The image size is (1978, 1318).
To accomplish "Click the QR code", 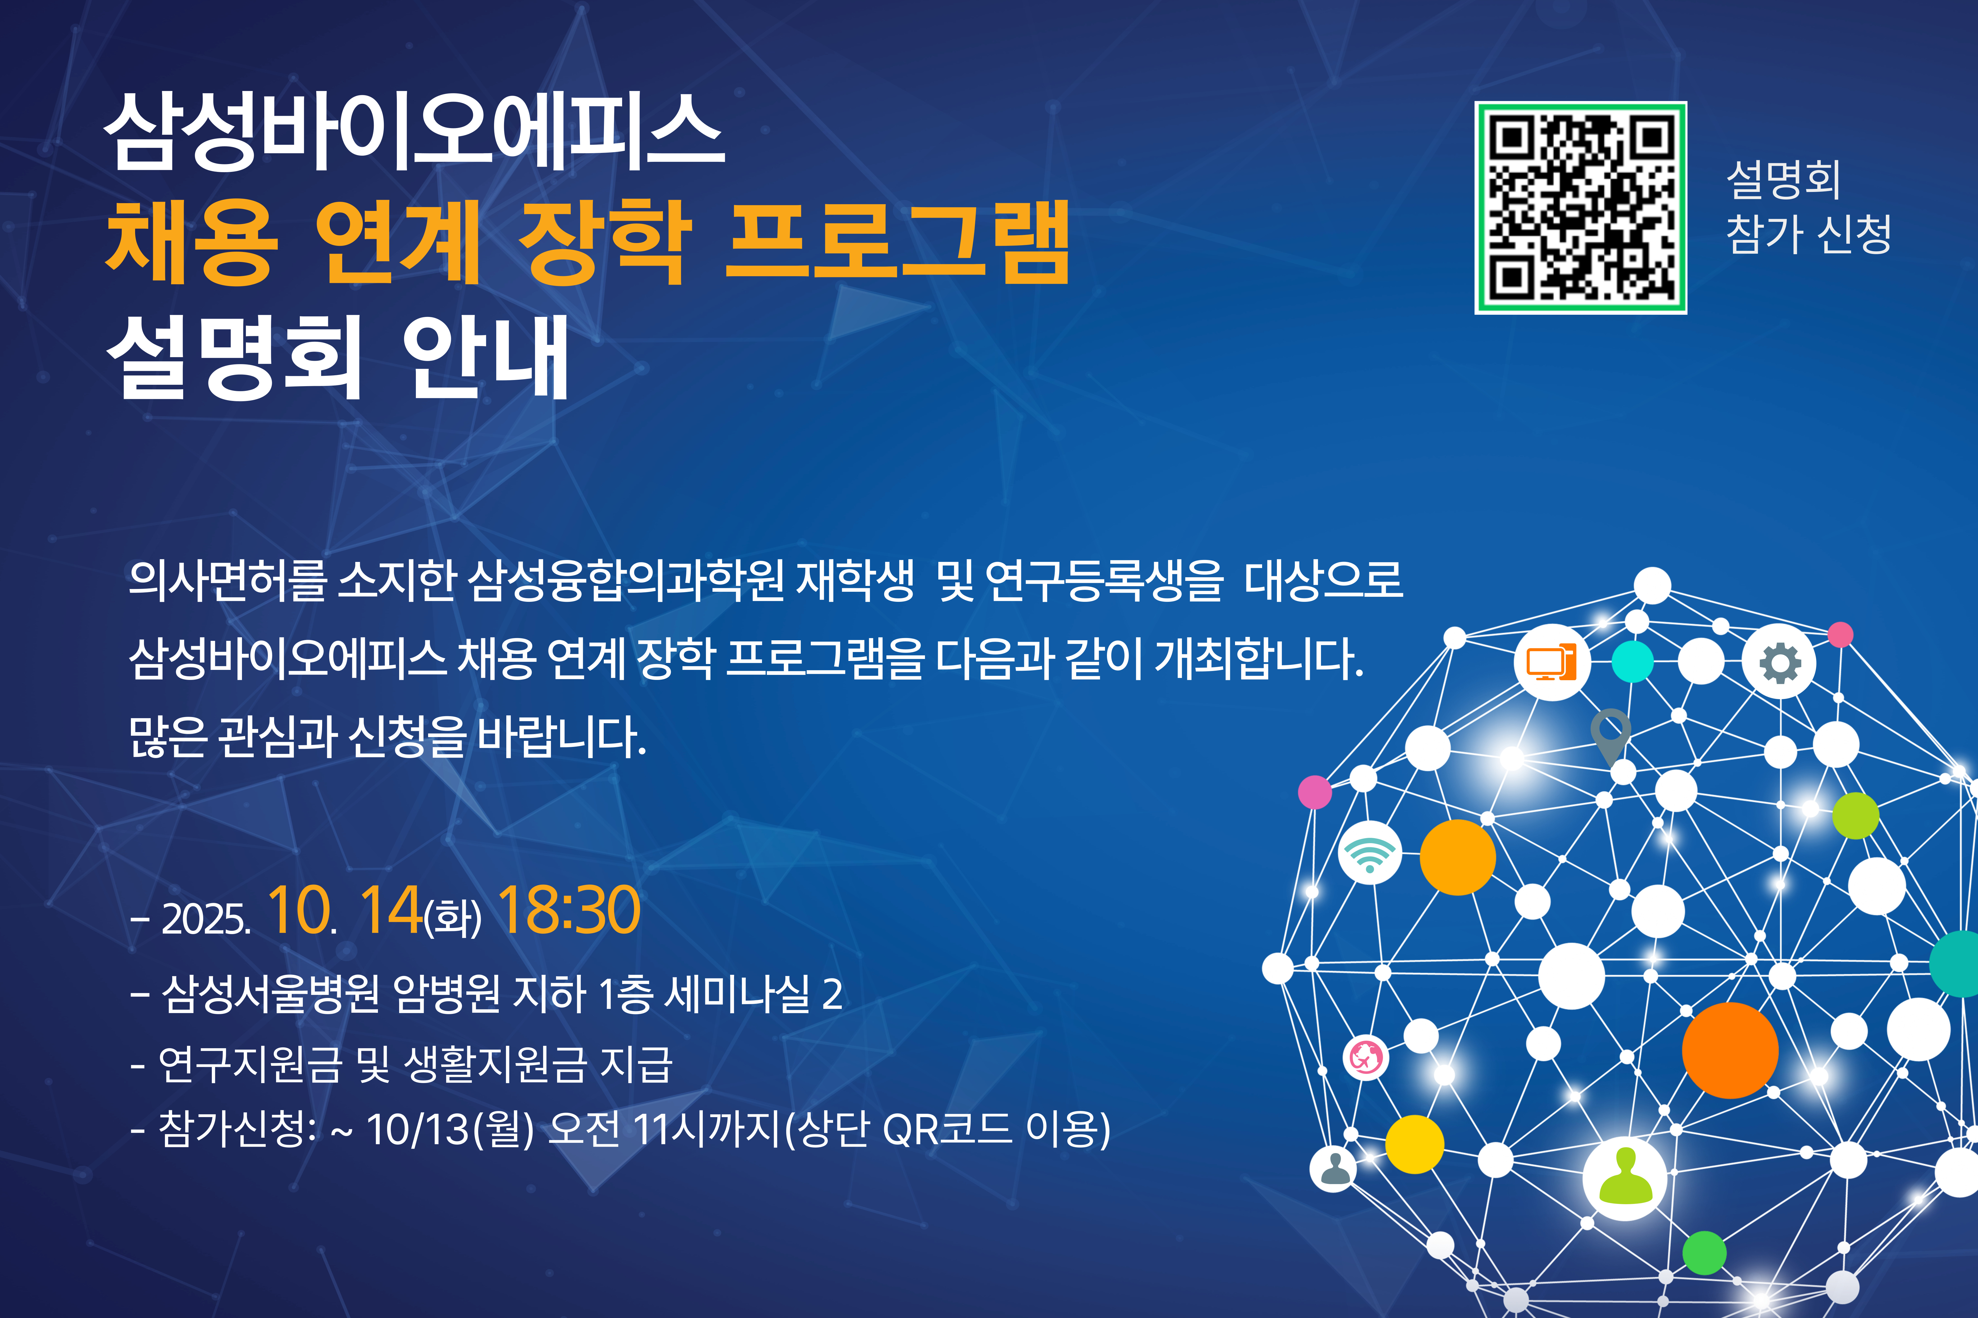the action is (x=1580, y=208).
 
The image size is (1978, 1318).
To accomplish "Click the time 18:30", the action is (x=569, y=910).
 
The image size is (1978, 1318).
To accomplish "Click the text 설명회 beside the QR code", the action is (x=1783, y=179).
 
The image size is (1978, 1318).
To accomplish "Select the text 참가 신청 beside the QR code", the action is (x=1808, y=234).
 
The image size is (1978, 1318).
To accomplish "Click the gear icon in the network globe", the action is (x=1779, y=662).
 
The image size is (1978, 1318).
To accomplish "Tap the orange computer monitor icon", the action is (x=1552, y=662).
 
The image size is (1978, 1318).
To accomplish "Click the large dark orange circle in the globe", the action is (x=1730, y=1050).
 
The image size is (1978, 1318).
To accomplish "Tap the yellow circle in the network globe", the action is (x=1415, y=1144).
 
